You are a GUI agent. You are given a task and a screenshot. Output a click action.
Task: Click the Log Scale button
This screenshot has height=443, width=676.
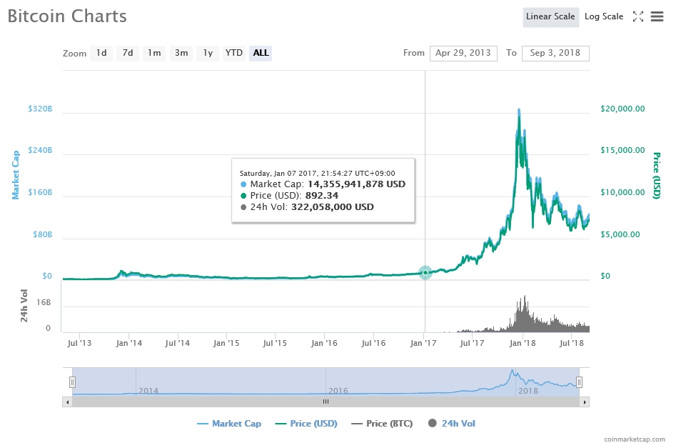pyautogui.click(x=603, y=16)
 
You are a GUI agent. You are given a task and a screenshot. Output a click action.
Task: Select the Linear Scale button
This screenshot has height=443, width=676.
pyautogui.click(x=550, y=16)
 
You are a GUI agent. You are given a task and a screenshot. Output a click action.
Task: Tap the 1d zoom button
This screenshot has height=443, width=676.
pyautogui.click(x=101, y=53)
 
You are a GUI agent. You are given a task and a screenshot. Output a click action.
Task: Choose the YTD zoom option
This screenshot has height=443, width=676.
pyautogui.click(x=234, y=53)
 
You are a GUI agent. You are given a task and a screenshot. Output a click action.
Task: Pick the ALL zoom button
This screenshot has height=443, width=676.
pyautogui.click(x=261, y=53)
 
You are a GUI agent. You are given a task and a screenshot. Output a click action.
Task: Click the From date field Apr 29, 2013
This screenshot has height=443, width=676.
pyautogui.click(x=463, y=53)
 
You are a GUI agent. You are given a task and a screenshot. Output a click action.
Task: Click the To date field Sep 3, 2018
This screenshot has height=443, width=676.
pyautogui.click(x=555, y=53)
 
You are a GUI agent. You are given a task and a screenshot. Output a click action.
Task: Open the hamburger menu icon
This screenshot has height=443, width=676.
pyautogui.click(x=657, y=16)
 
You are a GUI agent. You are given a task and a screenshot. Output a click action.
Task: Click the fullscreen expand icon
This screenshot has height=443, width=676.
pyautogui.click(x=638, y=16)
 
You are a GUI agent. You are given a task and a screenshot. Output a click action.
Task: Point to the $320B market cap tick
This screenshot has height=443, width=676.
pyautogui.click(x=40, y=109)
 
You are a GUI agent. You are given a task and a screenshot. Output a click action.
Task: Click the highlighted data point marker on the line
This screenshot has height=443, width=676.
pyautogui.click(x=425, y=272)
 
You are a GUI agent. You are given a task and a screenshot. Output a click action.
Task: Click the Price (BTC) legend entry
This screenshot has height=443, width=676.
pyautogui.click(x=382, y=424)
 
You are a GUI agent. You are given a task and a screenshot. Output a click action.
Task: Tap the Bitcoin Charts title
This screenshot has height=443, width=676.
pyautogui.click(x=67, y=16)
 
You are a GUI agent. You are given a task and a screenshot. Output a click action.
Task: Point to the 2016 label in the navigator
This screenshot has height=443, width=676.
pyautogui.click(x=338, y=391)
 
